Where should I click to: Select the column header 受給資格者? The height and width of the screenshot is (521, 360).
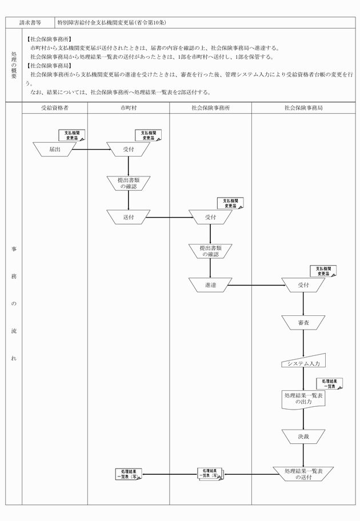pos(55,107)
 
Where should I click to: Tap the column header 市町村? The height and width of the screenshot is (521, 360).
pos(128,107)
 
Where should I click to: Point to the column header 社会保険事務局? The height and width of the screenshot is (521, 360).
pos(303,107)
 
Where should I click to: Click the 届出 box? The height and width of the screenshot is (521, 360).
pos(55,149)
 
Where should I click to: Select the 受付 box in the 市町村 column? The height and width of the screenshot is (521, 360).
pos(128,149)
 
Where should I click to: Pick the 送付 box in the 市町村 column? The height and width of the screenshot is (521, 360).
pos(128,217)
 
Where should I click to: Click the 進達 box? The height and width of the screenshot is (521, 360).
pos(210,284)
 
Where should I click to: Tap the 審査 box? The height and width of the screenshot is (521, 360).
pos(303,323)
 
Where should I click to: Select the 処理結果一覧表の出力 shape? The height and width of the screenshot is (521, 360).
pos(303,399)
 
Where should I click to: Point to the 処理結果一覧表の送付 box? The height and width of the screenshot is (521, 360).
pos(303,474)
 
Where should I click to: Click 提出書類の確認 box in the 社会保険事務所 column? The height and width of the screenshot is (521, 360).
pos(210,251)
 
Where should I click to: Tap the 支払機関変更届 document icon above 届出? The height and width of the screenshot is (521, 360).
pos(72,135)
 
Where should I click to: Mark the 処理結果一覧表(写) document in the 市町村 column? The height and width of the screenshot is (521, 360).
pos(129,474)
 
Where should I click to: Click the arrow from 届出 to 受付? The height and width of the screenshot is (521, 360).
pos(91,150)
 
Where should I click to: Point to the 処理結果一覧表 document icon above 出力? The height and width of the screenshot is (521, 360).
pos(329,383)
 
